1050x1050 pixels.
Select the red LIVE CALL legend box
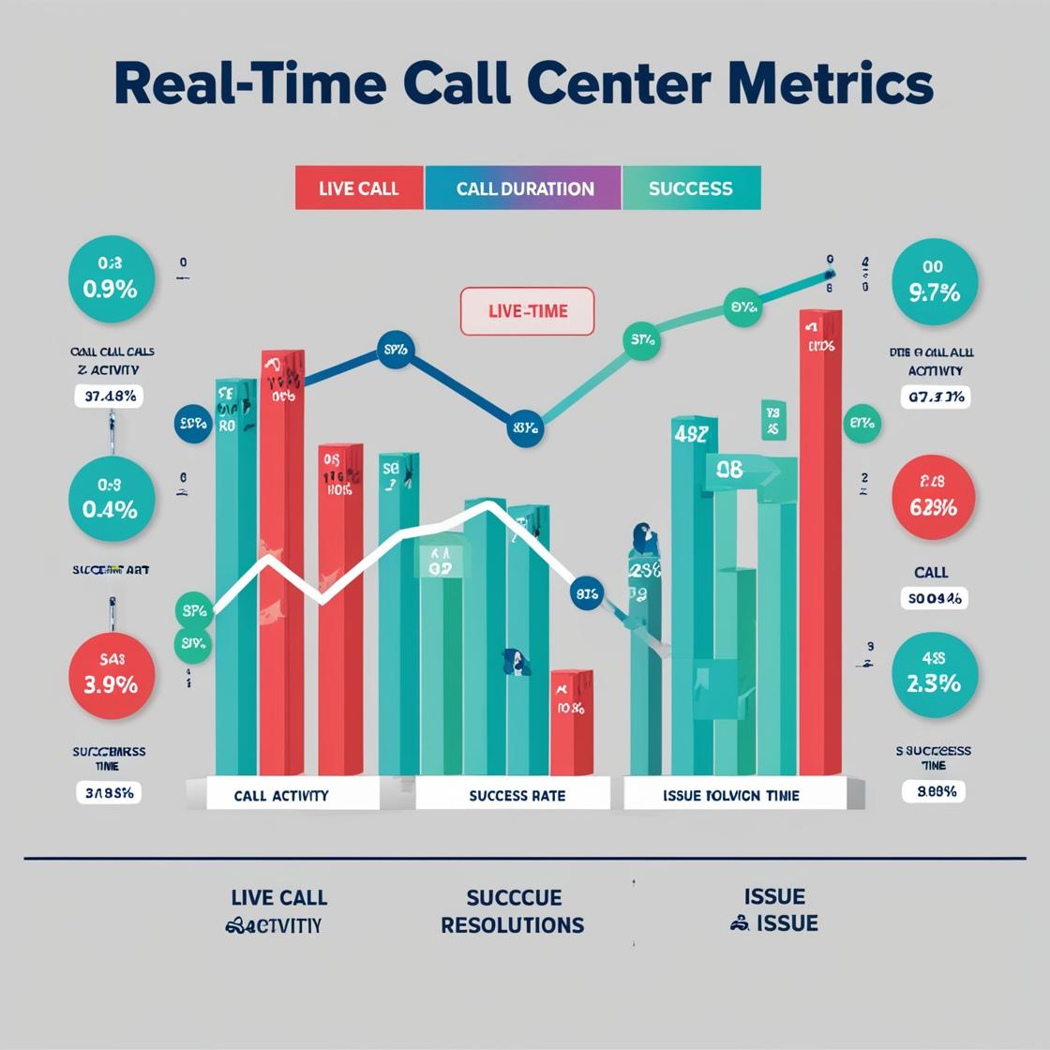coord(359,187)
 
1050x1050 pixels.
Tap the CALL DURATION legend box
coord(524,187)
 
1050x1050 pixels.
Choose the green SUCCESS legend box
coord(691,187)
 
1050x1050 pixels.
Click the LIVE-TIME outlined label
coord(527,311)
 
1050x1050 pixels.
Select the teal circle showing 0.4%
coord(111,499)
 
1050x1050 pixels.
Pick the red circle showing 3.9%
coord(111,675)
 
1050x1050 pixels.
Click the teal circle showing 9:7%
coord(934,282)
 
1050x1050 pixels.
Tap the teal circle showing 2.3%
coord(934,675)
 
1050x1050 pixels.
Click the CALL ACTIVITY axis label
coord(281,795)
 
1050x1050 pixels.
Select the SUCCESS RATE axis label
coord(517,795)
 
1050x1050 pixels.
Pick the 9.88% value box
coord(933,791)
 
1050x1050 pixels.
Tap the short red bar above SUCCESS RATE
coord(571,722)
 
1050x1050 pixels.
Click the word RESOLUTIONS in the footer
coord(513,925)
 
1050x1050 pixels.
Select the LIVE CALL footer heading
coord(278,897)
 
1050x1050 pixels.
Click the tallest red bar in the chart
coord(820,544)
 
